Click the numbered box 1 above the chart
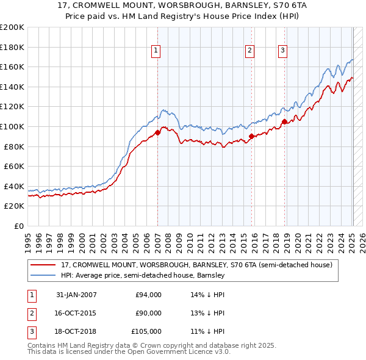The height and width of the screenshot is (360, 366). coord(156,51)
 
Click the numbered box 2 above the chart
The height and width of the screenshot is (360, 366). coord(250,51)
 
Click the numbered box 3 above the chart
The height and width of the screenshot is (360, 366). coord(283,51)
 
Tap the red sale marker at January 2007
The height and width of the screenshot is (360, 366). coord(157,132)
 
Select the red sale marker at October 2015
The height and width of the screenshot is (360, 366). coord(251,136)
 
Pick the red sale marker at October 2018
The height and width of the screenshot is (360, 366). coord(284,121)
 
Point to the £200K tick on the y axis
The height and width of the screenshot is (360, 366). coord(12,27)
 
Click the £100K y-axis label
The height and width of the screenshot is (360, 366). coord(12,126)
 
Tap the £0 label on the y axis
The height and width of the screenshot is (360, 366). coord(18,226)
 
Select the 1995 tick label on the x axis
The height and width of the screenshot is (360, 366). coord(28,239)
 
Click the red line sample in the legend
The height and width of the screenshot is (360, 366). coord(43,265)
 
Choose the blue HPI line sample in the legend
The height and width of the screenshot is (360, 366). coord(43,275)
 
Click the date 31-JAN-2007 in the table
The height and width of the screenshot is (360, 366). coord(76,295)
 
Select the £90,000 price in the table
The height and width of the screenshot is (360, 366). coord(148,313)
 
